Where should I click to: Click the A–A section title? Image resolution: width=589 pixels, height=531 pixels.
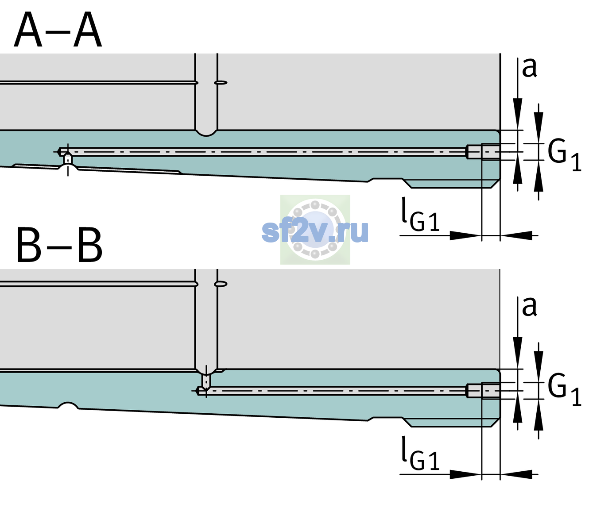click(x=58, y=30)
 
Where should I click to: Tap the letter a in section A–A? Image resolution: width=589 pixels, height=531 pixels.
click(x=529, y=68)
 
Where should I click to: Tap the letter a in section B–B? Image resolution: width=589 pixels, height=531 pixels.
click(x=529, y=307)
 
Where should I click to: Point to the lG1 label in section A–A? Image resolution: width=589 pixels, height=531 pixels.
click(x=420, y=214)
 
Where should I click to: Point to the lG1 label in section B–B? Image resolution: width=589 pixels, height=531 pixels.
click(x=420, y=453)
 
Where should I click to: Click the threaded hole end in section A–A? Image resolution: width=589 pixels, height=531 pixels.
click(x=483, y=152)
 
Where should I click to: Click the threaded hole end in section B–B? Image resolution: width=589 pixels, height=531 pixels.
click(x=483, y=390)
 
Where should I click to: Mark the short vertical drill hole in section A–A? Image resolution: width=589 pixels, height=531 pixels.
click(x=68, y=159)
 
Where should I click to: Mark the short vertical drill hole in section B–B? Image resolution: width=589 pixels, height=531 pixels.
click(x=206, y=381)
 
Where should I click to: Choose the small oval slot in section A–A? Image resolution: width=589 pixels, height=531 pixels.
click(x=221, y=83)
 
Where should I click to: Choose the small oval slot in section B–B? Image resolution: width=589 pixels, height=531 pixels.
click(x=221, y=284)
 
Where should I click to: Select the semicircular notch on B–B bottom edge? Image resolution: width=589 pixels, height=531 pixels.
click(x=68, y=405)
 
